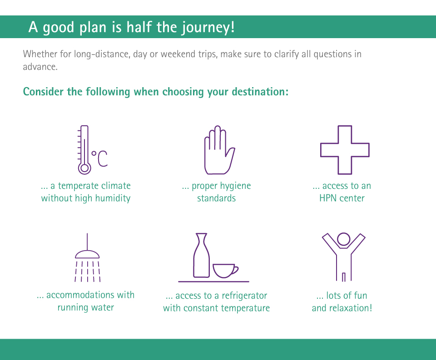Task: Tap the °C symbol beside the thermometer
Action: coord(99,158)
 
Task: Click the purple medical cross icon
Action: coord(345,150)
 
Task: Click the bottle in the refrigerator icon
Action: coord(201,255)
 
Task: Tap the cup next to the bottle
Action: coord(225,271)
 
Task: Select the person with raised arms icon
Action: coord(344,257)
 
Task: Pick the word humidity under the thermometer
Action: coord(113,198)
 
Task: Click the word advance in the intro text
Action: coord(40,67)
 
